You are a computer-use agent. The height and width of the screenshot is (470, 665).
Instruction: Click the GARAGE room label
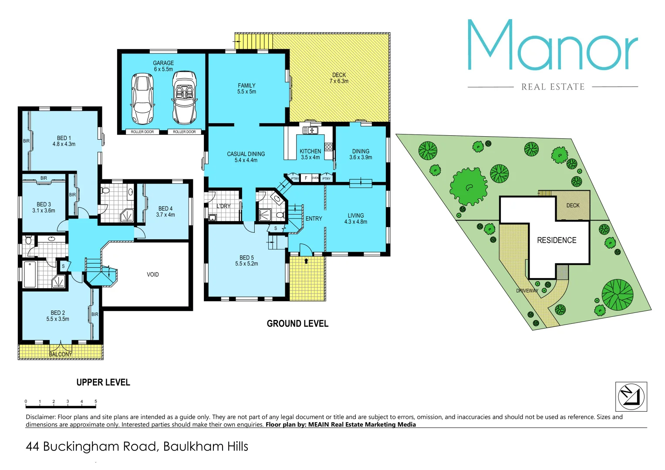click(163, 64)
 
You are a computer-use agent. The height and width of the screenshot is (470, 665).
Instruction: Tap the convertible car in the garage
click(184, 97)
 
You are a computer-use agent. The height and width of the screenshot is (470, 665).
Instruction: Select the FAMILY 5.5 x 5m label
click(246, 89)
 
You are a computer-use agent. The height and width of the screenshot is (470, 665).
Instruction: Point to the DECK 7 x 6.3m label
click(339, 78)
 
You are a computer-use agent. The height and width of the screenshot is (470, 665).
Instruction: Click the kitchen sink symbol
click(310, 130)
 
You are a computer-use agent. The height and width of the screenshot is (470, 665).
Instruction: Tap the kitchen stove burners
click(328, 147)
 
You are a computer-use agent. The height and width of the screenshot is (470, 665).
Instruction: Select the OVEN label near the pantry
click(315, 178)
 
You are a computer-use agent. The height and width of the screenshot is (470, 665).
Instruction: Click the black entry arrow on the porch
click(306, 261)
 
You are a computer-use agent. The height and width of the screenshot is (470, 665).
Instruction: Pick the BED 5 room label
click(246, 261)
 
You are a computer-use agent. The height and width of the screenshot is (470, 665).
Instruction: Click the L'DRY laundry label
click(223, 206)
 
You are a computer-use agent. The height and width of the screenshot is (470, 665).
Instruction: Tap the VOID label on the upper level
click(152, 275)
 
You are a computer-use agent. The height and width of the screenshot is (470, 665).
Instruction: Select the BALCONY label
click(61, 354)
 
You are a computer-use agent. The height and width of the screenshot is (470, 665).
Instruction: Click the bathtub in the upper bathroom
click(30, 274)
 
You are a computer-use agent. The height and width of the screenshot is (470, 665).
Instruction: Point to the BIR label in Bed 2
click(95, 314)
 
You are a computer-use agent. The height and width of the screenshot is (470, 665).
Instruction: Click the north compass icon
click(631, 396)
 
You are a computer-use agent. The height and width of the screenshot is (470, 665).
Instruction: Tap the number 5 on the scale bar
click(95, 402)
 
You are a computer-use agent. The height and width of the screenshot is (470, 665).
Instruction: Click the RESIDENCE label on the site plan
click(557, 240)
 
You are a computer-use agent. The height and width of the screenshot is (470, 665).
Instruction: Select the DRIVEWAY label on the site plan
click(527, 291)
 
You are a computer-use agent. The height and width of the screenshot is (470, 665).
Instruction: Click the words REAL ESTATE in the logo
click(553, 87)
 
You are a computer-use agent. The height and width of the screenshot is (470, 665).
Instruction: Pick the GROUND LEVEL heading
click(297, 324)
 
